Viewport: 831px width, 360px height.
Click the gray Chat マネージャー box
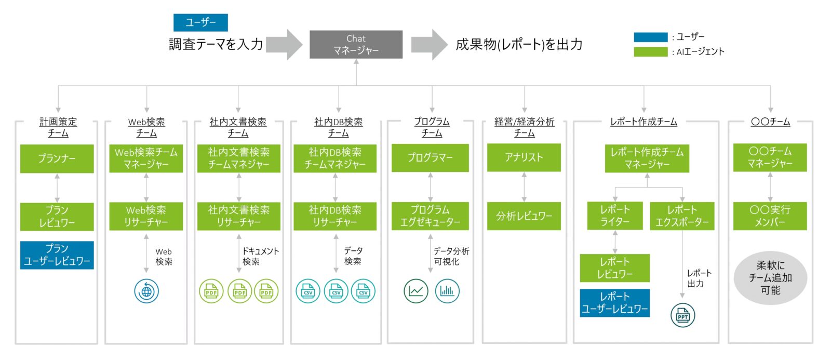(356, 44)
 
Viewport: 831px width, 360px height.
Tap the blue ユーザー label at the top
(200, 22)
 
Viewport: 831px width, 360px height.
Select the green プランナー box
(57, 158)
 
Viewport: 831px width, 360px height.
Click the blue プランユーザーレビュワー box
(57, 255)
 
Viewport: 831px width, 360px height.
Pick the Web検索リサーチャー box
(146, 216)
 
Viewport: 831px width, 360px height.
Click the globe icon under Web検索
(146, 291)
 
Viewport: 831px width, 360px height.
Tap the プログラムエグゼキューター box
(430, 216)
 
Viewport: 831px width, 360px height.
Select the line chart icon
(415, 291)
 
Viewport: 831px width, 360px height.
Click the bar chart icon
(447, 291)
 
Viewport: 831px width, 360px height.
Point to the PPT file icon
(682, 315)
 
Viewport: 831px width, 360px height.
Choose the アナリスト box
(524, 157)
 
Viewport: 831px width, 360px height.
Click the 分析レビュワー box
(524, 216)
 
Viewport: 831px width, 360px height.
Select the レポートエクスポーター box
(682, 216)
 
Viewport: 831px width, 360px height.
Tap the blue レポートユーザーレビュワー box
(614, 303)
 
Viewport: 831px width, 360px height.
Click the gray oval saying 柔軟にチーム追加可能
(770, 278)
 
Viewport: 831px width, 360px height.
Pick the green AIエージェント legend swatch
(650, 51)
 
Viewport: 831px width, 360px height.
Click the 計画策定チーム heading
(58, 127)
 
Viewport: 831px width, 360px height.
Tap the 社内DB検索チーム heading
(338, 127)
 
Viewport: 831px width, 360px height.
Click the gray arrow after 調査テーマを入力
(285, 45)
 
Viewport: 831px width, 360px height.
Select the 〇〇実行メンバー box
(770, 216)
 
